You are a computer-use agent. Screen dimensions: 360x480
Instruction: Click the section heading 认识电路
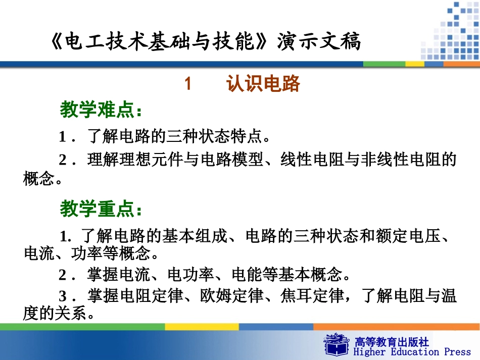tap(263, 84)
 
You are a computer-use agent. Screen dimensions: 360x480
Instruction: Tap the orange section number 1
tap(188, 84)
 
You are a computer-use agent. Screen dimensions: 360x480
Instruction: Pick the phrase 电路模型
tap(237, 160)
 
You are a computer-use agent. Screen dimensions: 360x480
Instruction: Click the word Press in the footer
tap(457, 352)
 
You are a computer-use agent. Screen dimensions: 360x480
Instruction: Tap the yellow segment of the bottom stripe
tap(202, 327)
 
